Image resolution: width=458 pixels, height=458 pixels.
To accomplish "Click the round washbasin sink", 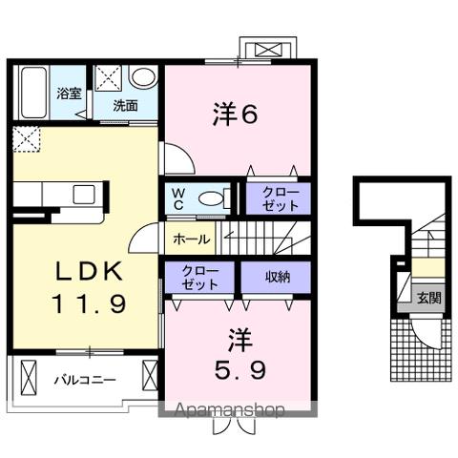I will click(x=143, y=77).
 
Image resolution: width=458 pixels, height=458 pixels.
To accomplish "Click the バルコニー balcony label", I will click(x=84, y=380).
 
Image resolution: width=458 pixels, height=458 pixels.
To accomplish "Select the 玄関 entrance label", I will click(x=428, y=298).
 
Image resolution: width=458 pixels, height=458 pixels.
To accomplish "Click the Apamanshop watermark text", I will click(x=229, y=411).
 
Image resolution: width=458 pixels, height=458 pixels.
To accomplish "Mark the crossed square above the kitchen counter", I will click(x=26, y=139).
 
